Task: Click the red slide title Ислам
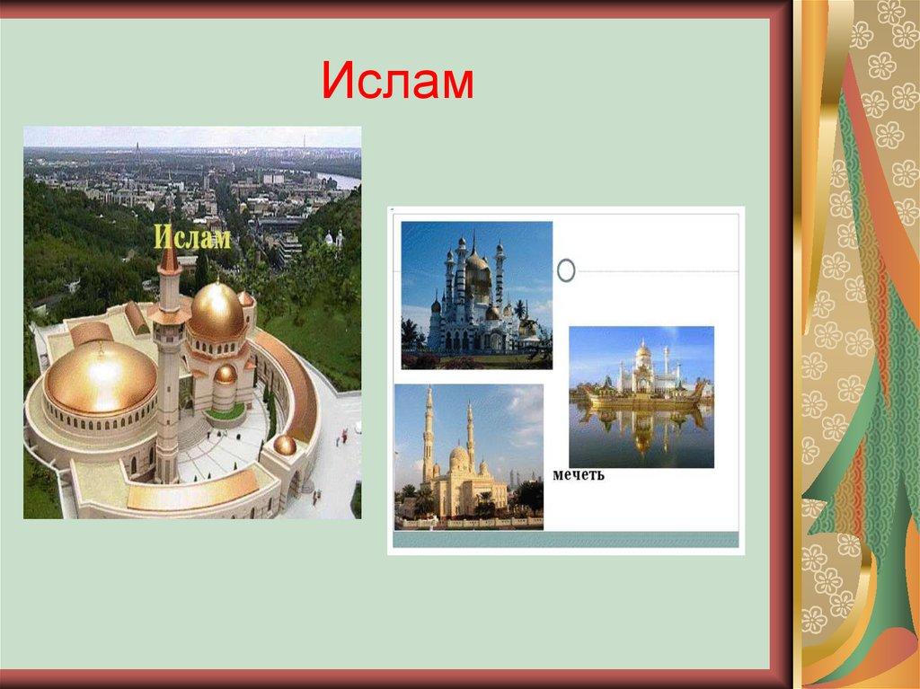point(397,83)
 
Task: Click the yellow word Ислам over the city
point(192,238)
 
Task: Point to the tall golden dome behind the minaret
point(217,311)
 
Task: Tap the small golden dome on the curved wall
point(285,444)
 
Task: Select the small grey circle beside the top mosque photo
point(567,269)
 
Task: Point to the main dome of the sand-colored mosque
point(459,457)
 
